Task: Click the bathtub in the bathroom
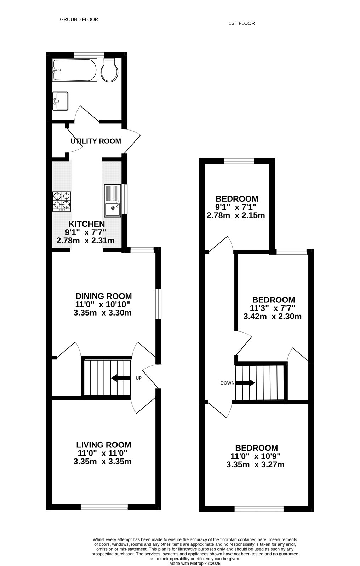pos(75,70)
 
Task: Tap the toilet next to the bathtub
pos(109,70)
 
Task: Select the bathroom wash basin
pos(60,101)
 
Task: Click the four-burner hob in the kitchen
pos(62,201)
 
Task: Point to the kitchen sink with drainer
pos(113,201)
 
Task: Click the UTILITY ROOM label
pos(96,141)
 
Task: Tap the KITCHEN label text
pos(87,224)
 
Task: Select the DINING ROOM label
pos(104,296)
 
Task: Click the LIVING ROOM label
pos(104,445)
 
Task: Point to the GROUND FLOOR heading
pos(79,19)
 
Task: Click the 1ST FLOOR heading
pos(242,23)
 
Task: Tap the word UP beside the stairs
pos(138,378)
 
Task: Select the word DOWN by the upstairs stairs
pos(228,383)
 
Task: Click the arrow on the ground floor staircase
pos(121,378)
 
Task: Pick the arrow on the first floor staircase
pos(245,383)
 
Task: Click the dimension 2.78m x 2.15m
pos(236,215)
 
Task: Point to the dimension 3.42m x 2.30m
pos(273,316)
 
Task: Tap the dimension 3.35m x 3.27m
pos(255,464)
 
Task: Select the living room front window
pos(104,507)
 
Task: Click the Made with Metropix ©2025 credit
pos(195,564)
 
